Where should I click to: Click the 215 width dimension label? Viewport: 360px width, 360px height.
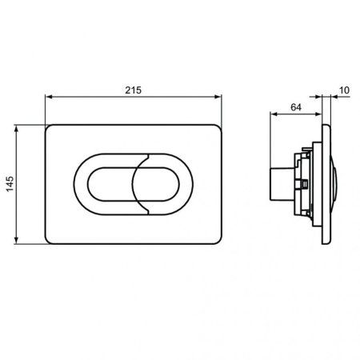coord(133,90)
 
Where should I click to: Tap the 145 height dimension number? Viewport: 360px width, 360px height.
coord(10,184)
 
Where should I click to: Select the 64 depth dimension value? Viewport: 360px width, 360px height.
coord(296,107)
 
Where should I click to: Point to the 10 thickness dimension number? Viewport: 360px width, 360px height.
coord(344,90)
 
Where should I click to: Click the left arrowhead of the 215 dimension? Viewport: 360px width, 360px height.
coord(49,97)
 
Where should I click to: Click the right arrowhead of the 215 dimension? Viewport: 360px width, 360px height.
coord(218,97)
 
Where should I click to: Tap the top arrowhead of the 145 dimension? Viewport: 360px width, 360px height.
coord(16,129)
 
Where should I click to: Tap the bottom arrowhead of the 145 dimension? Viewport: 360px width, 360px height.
coord(16,240)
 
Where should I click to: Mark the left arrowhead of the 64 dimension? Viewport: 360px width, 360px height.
coord(274,114)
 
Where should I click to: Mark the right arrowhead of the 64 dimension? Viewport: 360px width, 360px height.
coord(318,114)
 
